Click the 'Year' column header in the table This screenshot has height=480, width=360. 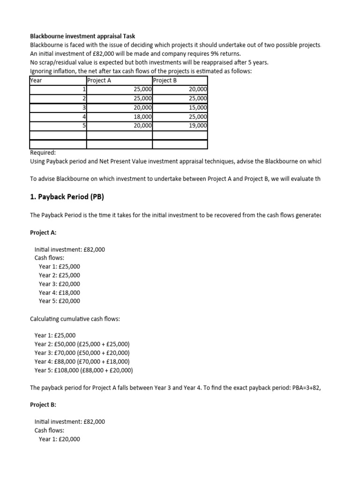[36, 80]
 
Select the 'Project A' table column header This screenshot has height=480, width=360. [99, 80]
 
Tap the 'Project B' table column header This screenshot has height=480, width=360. [165, 80]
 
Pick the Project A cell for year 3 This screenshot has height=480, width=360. [142, 107]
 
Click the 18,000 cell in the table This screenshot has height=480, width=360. [142, 117]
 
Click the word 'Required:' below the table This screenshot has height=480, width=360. [43, 152]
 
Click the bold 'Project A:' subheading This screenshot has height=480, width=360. [43, 232]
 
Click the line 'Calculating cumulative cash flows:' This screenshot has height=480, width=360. [75, 319]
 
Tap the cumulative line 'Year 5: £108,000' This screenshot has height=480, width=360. [83, 370]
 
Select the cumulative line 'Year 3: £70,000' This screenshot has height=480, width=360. [82, 353]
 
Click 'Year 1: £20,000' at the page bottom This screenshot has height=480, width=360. [60, 439]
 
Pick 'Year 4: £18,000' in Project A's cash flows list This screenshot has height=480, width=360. [60, 292]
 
